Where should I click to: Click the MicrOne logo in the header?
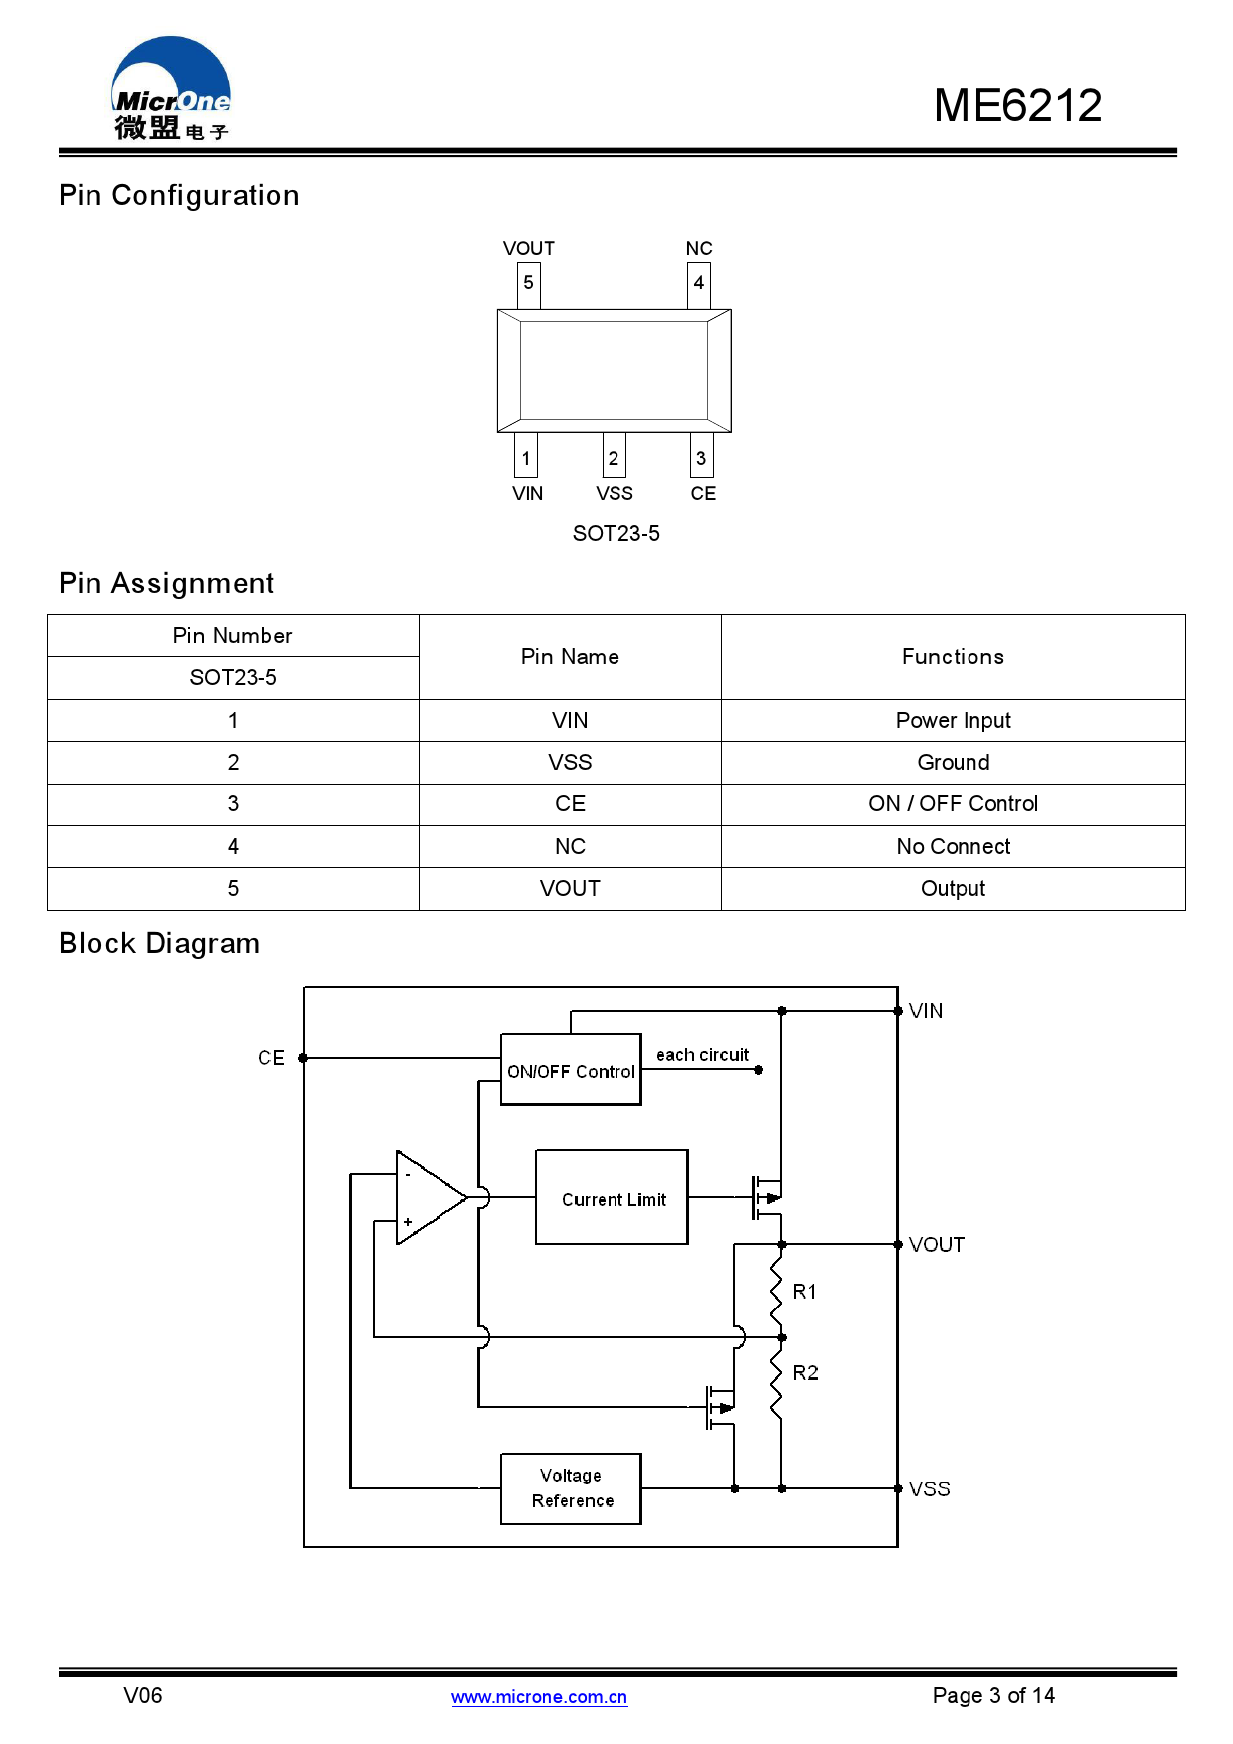click(x=171, y=89)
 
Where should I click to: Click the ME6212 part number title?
click(x=1016, y=106)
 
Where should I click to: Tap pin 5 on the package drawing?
click(x=528, y=283)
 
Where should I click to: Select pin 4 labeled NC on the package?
click(x=699, y=283)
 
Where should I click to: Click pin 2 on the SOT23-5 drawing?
click(x=614, y=457)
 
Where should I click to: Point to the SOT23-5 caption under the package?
click(x=616, y=534)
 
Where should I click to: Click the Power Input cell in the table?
click(x=953, y=720)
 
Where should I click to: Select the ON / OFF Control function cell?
click(x=953, y=803)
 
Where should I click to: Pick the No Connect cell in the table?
click(x=953, y=846)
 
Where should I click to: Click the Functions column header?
click(x=953, y=657)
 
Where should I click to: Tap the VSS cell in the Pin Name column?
click(x=570, y=762)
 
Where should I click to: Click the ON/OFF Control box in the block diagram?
click(x=571, y=1070)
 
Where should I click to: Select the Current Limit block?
click(x=613, y=1198)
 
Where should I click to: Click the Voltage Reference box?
click(x=571, y=1488)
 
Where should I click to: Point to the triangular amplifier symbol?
click(x=426, y=1198)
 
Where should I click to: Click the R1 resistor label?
click(x=804, y=1292)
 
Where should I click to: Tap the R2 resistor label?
click(x=805, y=1373)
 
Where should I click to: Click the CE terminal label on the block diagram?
click(x=270, y=1058)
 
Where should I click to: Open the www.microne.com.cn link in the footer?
click(x=539, y=1697)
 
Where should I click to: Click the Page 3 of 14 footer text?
click(x=992, y=1695)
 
